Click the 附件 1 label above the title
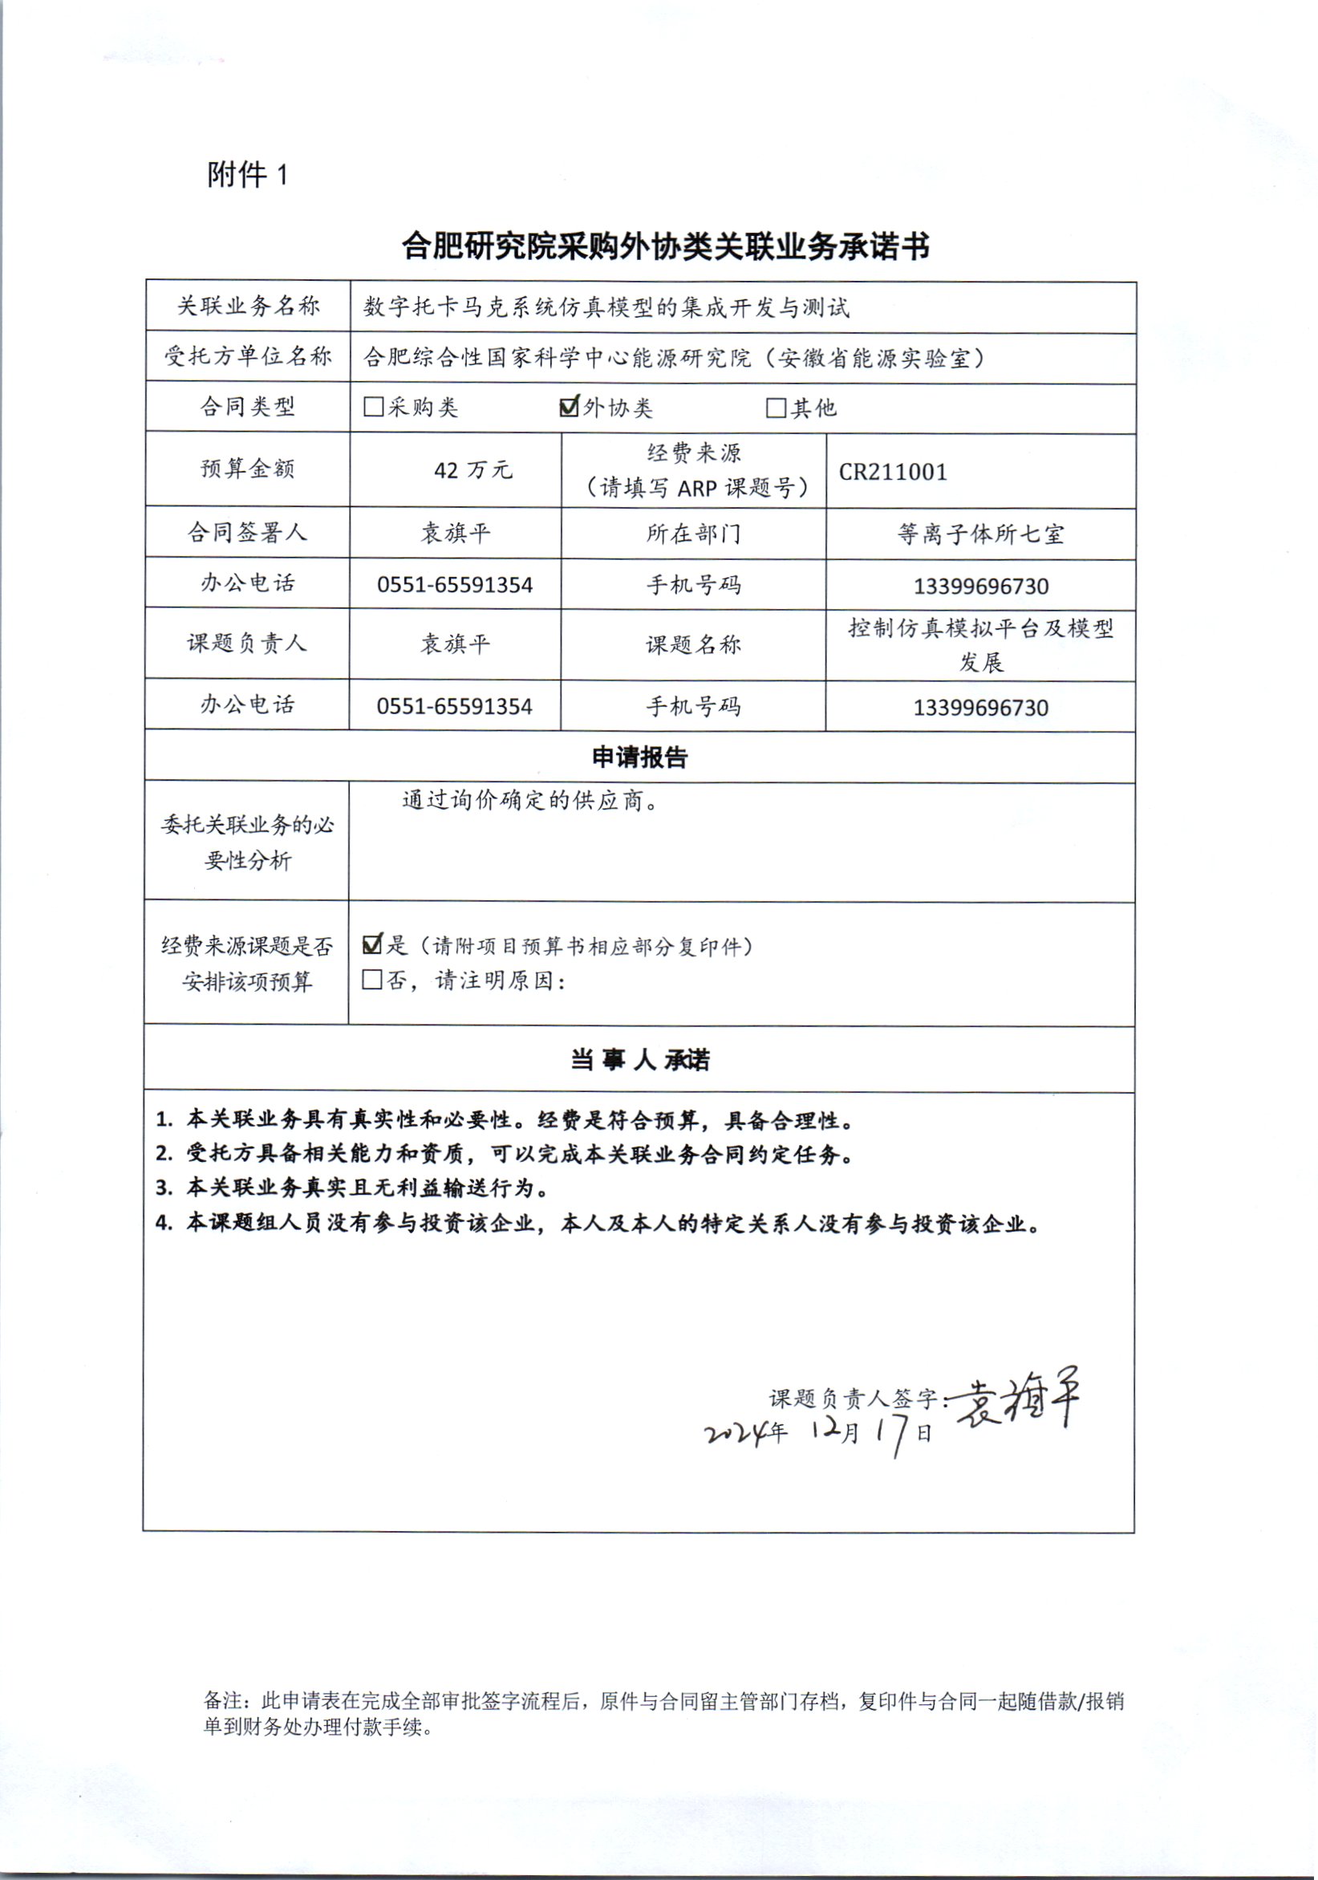[247, 174]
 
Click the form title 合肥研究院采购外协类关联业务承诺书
[665, 246]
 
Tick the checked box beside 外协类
[569, 406]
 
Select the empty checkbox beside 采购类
[373, 407]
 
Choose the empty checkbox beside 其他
[775, 408]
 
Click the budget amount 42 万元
[472, 470]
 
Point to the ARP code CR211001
[892, 472]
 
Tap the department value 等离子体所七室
[980, 534]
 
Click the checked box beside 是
[372, 944]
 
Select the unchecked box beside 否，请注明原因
[372, 979]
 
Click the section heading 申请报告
[639, 757]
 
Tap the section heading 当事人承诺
[639, 1059]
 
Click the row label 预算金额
[247, 469]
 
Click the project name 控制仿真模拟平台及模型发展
[980, 645]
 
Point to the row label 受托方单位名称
[247, 356]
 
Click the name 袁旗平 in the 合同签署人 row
[455, 534]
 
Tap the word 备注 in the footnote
[223, 1702]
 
